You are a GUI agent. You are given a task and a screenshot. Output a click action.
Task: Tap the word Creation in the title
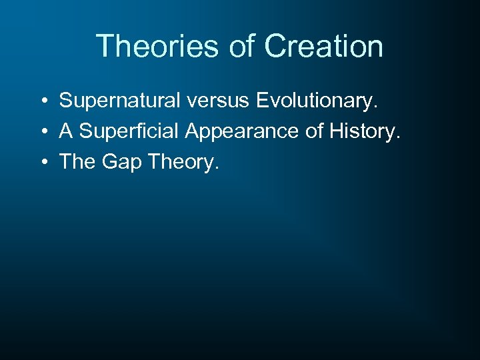coord(323,47)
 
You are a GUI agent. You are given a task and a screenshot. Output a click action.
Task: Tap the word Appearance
coord(243,132)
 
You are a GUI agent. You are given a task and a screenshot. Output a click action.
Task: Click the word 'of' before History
coord(315,131)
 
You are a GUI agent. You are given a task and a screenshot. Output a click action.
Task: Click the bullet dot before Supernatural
coord(42,101)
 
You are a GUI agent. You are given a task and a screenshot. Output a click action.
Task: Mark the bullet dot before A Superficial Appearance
coord(42,132)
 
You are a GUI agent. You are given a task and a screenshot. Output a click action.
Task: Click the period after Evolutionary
coord(375,107)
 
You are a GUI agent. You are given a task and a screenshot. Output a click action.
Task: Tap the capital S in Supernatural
coord(65,101)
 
